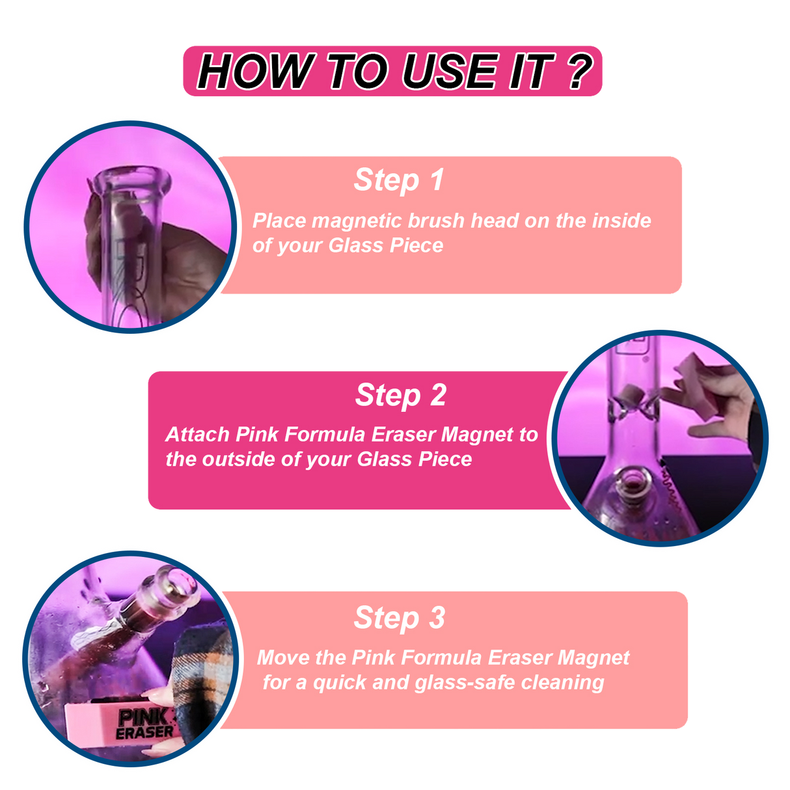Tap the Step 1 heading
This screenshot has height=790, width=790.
tap(399, 180)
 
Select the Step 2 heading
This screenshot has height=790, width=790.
tap(401, 396)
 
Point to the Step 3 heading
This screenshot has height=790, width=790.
tap(399, 618)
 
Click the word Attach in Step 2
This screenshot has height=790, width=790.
tap(197, 435)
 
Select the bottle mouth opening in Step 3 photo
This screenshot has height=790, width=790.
tap(177, 581)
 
